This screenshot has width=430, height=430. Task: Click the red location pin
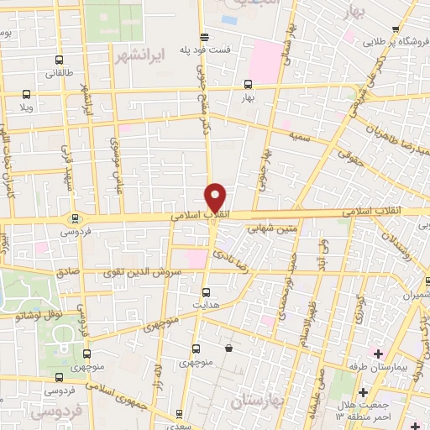tap(216, 197)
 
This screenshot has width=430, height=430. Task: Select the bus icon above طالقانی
tap(58, 60)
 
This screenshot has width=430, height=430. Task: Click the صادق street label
tap(66, 272)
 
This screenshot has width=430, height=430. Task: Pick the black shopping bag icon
tap(228, 347)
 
